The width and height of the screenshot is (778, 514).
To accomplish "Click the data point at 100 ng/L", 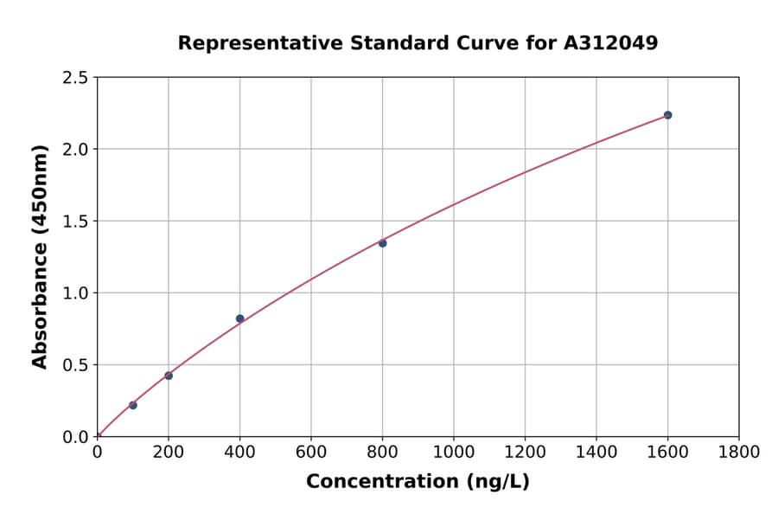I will coord(133,405).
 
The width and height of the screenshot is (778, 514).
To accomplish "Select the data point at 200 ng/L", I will coord(169,376).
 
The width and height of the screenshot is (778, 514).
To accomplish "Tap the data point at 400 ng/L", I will coord(240,318).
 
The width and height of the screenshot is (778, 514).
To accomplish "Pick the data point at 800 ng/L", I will coord(383,243).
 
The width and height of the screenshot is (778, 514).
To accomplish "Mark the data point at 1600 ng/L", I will coord(668,115).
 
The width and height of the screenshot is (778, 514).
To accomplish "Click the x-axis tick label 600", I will coord(311,452).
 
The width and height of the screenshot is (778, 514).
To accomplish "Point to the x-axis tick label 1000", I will coord(454,452).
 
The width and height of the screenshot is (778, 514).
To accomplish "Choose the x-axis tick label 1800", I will coord(739,452).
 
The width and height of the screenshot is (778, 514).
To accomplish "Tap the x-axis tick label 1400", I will coord(596,452).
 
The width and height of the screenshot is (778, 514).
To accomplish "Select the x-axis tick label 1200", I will coord(525,452).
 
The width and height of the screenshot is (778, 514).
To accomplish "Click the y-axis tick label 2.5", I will coord(76,78).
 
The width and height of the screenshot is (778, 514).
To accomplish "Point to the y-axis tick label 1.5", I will coord(76,222).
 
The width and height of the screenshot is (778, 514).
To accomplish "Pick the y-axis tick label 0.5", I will coord(76,365).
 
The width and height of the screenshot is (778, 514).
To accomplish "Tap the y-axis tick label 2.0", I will coord(76,150).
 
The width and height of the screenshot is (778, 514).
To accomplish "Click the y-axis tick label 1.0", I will coord(76,293).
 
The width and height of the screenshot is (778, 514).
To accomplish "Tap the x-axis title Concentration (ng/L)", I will coord(418,482).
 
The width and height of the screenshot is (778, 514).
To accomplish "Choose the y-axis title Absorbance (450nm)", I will coord(40,256).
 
